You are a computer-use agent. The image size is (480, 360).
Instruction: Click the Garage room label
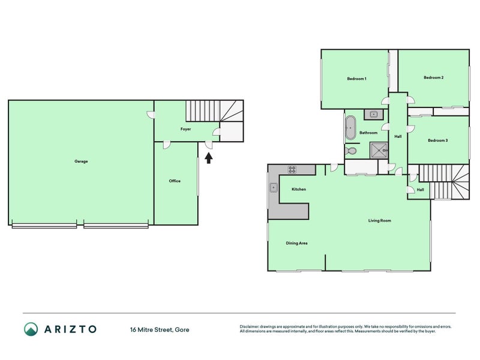point(81,161)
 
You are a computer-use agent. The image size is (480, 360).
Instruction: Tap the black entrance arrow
point(208,158)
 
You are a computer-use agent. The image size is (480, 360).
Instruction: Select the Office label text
point(175,181)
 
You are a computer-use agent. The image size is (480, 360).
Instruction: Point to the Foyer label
point(185,129)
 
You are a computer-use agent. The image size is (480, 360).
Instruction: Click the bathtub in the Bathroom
point(350,127)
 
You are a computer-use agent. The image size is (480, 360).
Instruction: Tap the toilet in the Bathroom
point(350,151)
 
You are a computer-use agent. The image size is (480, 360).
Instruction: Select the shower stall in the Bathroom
point(379,151)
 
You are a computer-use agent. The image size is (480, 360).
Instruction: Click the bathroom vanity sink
point(373,115)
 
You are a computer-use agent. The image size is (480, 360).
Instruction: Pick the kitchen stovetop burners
point(292,169)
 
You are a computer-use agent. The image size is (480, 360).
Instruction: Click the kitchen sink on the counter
point(274,187)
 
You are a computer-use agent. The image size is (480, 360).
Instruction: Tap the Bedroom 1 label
point(356,79)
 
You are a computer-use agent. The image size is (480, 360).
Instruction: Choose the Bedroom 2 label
point(433,77)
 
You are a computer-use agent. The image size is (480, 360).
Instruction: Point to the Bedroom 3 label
point(438,140)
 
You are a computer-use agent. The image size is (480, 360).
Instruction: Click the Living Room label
point(380,220)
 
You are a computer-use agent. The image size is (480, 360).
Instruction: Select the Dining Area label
point(296,243)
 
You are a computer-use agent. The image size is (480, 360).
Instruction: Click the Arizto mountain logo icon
point(31,329)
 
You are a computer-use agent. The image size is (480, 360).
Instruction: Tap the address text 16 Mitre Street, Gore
point(160,329)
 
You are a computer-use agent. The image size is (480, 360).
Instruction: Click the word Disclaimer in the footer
point(249,326)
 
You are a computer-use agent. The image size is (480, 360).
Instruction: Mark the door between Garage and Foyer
point(151,115)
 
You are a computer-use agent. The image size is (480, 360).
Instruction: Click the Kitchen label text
point(299,189)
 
